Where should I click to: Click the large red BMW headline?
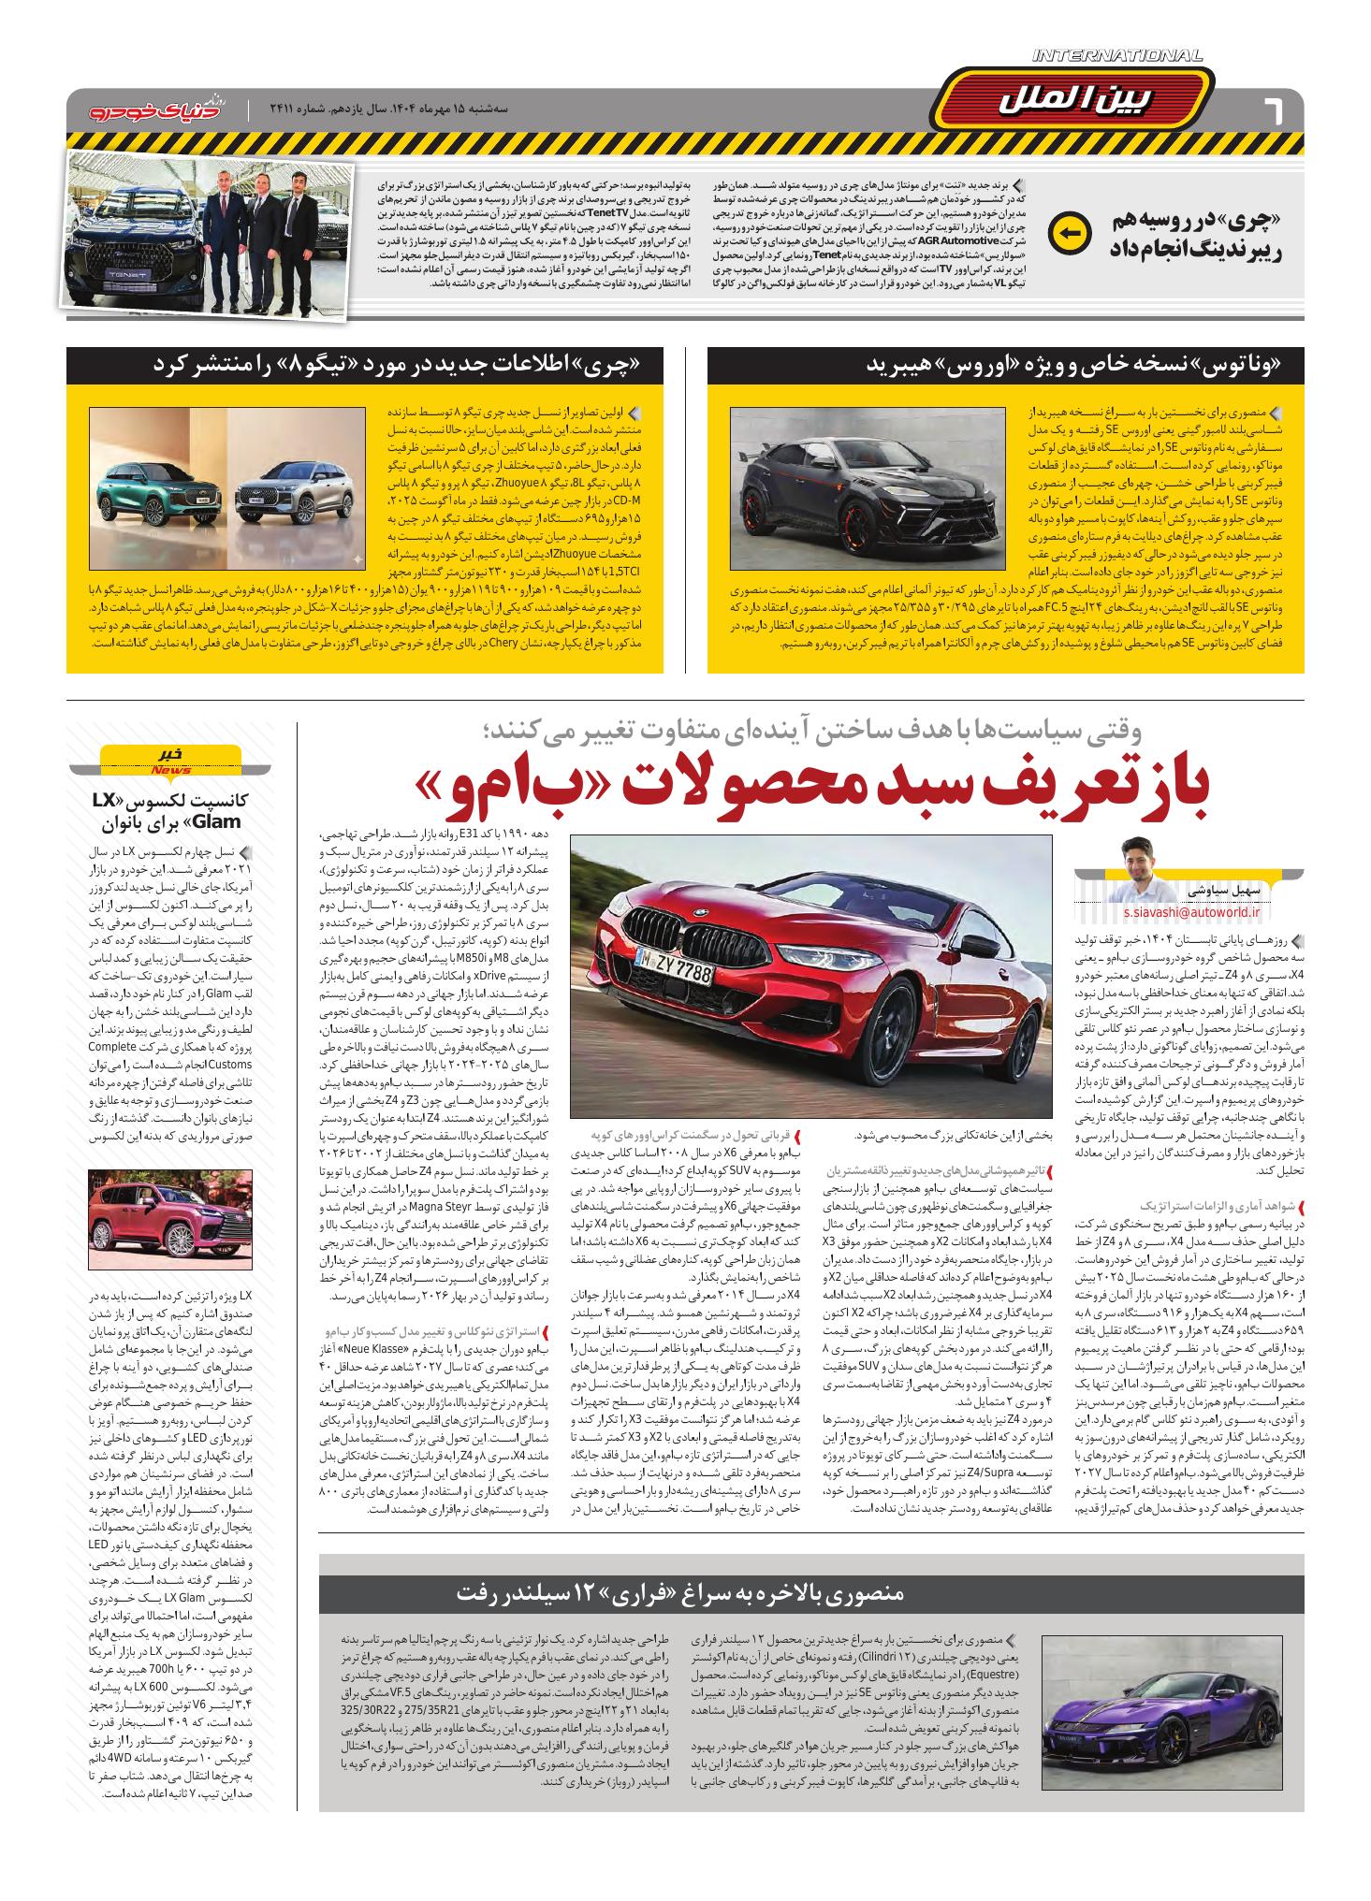coord(814,789)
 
